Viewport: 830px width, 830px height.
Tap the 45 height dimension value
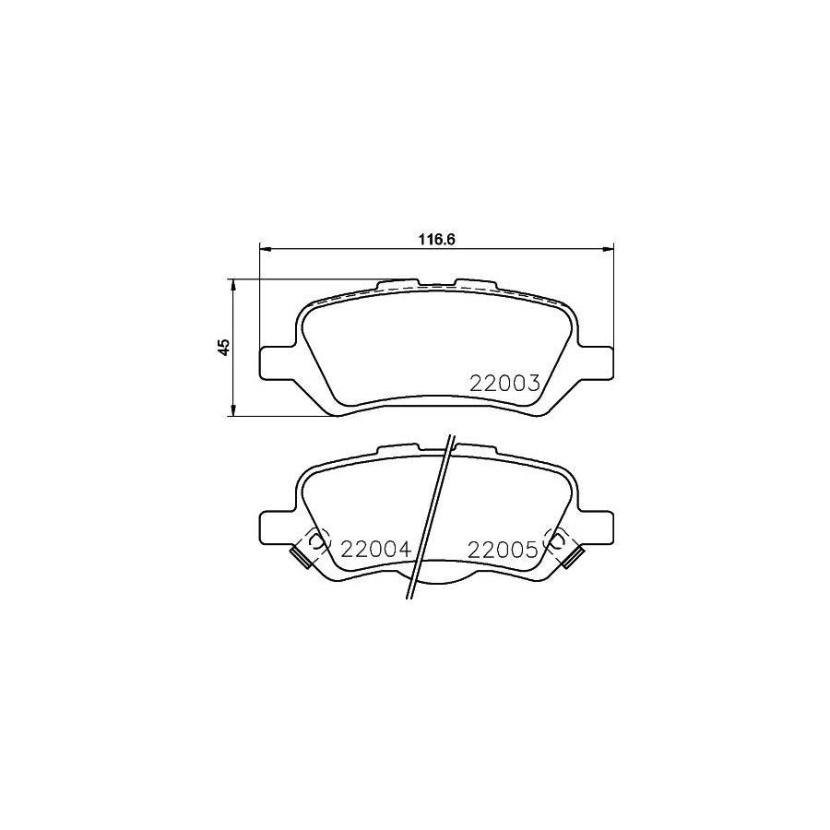tap(222, 348)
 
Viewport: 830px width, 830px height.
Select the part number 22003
tap(504, 385)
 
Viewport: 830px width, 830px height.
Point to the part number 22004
tap(375, 551)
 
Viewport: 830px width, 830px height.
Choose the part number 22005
tap(503, 551)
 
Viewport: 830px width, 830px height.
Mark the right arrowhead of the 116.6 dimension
tap(608, 248)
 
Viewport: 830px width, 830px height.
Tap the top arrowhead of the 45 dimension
tap(234, 285)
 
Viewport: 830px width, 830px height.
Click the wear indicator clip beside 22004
tap(300, 556)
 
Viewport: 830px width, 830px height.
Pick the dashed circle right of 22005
tap(557, 542)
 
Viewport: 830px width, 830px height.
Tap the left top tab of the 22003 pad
tap(398, 281)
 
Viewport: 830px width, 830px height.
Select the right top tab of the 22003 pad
tap(475, 281)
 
